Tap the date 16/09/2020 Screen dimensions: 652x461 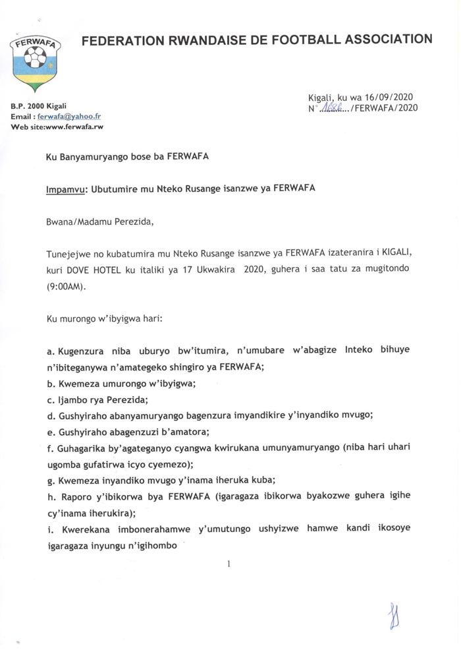click(390, 96)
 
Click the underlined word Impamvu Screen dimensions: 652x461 click(67, 187)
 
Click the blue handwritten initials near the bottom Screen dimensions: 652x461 click(394, 616)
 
